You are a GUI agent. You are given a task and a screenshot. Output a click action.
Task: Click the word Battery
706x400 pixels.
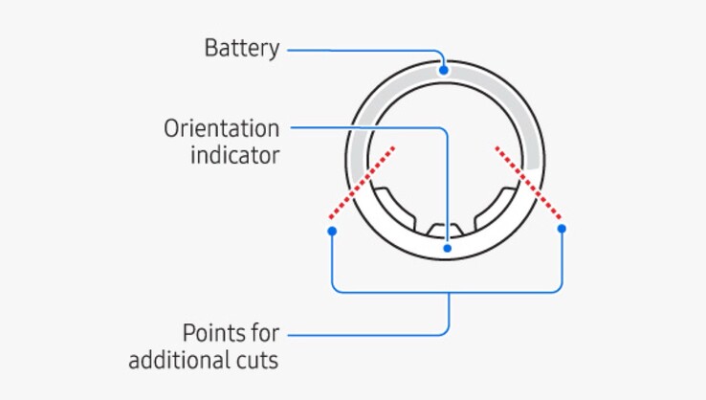[x=241, y=48]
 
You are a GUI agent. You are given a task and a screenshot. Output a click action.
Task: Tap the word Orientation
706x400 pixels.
[x=221, y=128]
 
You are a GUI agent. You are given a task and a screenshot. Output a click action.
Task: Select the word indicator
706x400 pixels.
[x=233, y=155]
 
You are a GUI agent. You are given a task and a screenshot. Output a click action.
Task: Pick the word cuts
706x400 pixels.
[x=258, y=361]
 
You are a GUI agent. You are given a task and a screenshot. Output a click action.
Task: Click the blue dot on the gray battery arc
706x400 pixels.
[x=443, y=69]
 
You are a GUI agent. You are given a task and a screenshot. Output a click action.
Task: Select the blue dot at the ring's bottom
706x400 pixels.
[x=446, y=248]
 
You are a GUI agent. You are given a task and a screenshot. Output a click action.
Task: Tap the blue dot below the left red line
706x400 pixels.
[x=331, y=231]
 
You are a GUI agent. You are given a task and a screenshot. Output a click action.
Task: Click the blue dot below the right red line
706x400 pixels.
[x=562, y=229]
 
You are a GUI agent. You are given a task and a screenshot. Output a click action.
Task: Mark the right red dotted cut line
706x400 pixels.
[x=529, y=182]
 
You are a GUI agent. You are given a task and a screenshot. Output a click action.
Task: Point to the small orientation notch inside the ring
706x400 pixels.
[x=446, y=231]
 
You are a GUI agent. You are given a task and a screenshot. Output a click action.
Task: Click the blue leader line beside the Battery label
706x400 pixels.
[x=364, y=48]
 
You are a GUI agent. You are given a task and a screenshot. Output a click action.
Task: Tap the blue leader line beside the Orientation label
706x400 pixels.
[x=364, y=127]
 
